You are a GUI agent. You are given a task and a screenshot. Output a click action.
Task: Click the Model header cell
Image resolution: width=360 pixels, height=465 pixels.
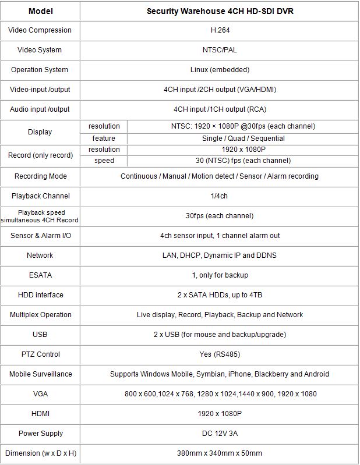click(x=40, y=11)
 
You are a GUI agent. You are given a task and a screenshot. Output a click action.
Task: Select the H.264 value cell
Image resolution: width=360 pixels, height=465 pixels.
click(x=220, y=30)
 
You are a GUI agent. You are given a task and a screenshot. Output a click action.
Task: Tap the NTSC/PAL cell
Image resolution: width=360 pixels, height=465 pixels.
click(x=220, y=50)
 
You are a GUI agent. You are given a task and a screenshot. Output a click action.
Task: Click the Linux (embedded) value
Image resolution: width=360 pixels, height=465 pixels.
click(x=220, y=70)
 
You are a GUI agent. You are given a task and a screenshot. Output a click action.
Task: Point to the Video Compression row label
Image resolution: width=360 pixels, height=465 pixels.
click(x=40, y=30)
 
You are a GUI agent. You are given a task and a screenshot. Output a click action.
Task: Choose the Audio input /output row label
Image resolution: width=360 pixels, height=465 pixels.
click(x=40, y=109)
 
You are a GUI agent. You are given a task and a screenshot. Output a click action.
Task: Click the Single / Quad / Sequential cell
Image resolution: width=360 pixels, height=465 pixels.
click(x=243, y=139)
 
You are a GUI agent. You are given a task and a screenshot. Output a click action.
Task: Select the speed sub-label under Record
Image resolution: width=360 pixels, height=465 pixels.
click(x=104, y=161)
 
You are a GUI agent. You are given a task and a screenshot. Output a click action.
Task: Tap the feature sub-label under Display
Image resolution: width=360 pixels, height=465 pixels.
click(x=104, y=139)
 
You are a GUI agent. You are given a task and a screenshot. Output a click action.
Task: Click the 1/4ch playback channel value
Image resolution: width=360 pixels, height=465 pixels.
click(x=220, y=196)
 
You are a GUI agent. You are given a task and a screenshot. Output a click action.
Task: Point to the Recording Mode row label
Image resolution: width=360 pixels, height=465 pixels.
click(x=41, y=176)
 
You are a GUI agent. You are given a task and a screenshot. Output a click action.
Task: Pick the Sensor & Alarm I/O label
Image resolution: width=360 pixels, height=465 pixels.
click(x=40, y=236)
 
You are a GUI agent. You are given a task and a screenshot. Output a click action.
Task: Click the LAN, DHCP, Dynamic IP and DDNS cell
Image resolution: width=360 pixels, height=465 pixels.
click(x=220, y=255)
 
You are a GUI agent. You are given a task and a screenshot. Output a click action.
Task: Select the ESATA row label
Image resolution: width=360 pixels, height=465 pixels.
click(x=40, y=275)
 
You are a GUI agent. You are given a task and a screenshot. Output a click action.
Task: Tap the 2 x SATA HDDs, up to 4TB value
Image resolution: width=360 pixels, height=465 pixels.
click(x=220, y=295)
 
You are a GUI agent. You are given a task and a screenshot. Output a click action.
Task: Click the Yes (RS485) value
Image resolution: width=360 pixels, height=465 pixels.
click(x=220, y=354)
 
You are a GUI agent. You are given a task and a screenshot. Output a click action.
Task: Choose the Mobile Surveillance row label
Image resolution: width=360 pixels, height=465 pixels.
click(x=40, y=374)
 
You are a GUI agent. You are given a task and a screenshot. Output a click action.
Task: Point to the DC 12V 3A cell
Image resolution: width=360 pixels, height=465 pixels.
click(x=220, y=434)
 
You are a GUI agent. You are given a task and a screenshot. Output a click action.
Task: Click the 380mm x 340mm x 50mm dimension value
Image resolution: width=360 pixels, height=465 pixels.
click(x=220, y=453)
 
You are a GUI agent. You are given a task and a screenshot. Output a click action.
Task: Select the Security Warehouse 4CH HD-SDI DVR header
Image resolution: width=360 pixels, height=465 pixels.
click(x=220, y=11)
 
